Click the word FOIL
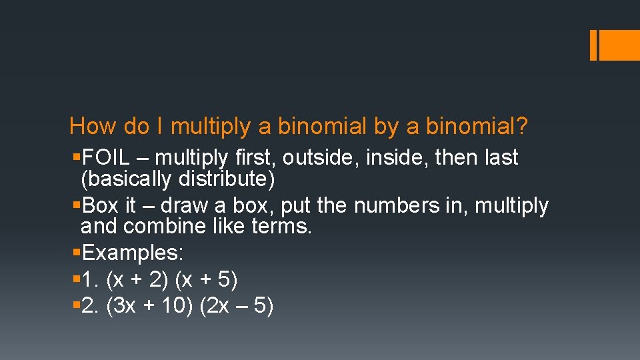click(103, 158)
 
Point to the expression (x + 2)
click(137, 280)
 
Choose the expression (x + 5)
click(205, 280)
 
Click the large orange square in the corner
click(619, 45)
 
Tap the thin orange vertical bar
click(593, 45)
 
